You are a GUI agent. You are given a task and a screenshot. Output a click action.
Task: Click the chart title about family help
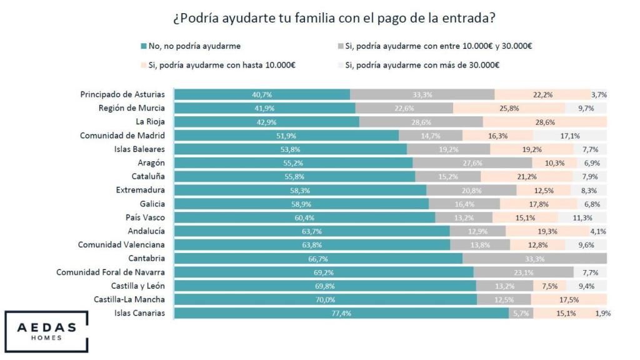tap(320, 19)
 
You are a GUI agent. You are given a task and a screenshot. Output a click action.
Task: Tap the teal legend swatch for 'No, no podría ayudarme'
tap(143, 46)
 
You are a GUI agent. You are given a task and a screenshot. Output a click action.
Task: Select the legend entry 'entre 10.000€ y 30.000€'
tap(437, 46)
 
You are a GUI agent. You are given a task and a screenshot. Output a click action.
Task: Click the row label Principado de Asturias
tap(122, 94)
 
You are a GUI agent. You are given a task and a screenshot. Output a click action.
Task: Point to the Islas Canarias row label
tap(139, 313)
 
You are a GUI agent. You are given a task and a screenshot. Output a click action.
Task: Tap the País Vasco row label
tap(145, 217)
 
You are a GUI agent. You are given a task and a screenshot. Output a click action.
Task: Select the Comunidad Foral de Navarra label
tap(111, 272)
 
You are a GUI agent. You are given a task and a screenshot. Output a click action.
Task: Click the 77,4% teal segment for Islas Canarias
tap(341, 313)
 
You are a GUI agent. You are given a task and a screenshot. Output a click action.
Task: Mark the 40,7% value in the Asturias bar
tap(262, 94)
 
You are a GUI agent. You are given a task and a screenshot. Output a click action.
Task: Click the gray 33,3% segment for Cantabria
tap(534, 259)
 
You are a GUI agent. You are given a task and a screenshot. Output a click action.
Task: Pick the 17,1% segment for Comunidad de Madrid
tap(569, 136)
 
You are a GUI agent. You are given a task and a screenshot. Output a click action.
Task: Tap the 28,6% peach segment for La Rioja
tap(544, 122)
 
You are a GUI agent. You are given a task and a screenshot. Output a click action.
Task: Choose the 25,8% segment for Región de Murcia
tap(509, 108)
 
